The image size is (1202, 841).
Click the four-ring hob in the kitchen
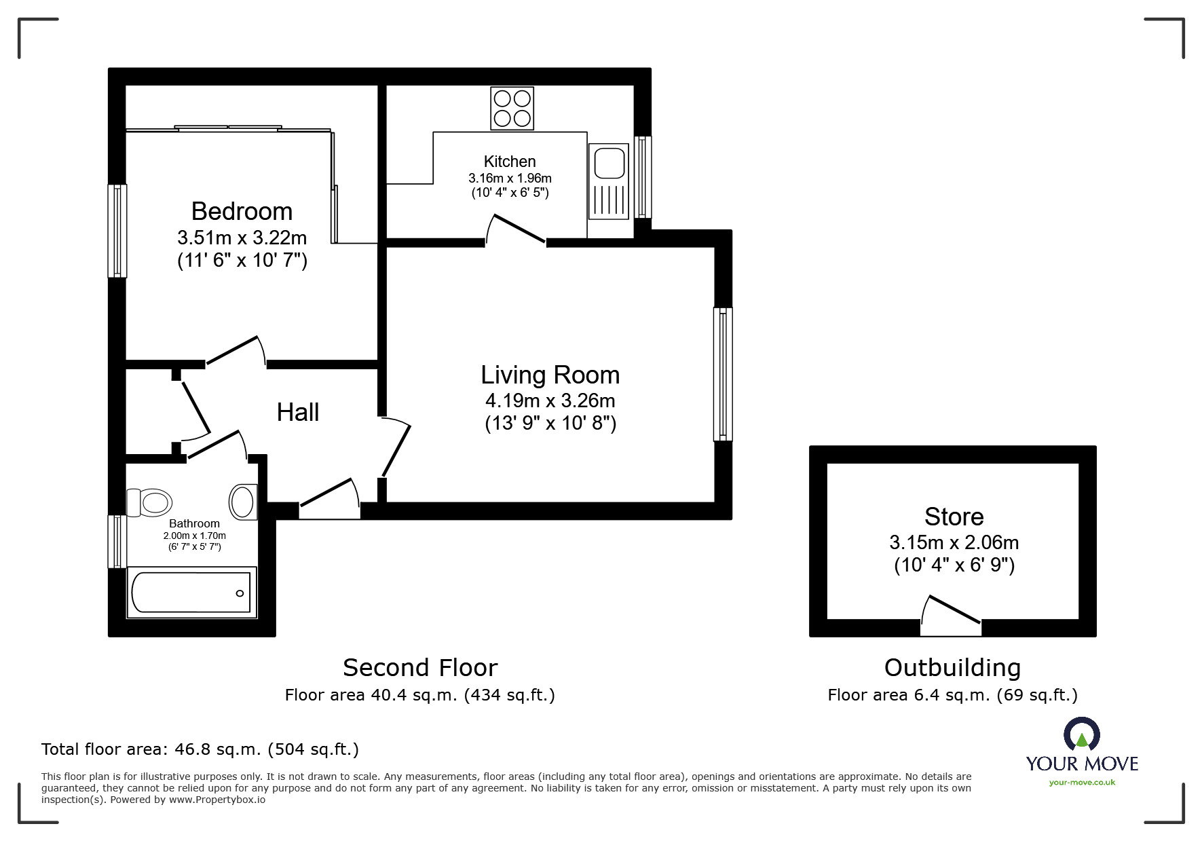click(512, 109)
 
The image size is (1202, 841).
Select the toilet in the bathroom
click(150, 503)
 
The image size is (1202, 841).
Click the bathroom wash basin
click(243, 502)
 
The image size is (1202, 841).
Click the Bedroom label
click(242, 211)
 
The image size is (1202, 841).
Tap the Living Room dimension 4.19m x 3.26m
click(550, 400)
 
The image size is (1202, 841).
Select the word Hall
click(297, 412)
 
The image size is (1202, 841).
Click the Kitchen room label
click(510, 162)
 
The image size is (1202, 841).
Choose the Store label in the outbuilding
click(954, 517)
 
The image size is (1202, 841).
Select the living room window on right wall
click(724, 374)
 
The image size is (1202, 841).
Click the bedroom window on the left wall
click(117, 231)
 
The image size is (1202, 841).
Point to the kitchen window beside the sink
click(643, 176)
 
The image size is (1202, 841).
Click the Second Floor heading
click(420, 668)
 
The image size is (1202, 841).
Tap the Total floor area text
click(200, 749)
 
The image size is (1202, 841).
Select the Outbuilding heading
click(952, 668)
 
